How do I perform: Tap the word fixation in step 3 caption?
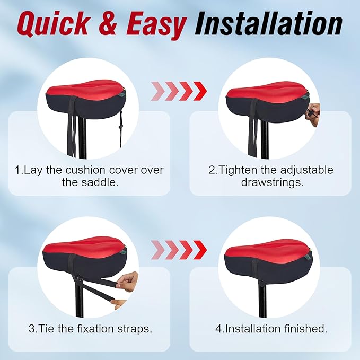(93, 329)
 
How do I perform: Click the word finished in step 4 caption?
(301, 329)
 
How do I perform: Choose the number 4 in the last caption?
(218, 329)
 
